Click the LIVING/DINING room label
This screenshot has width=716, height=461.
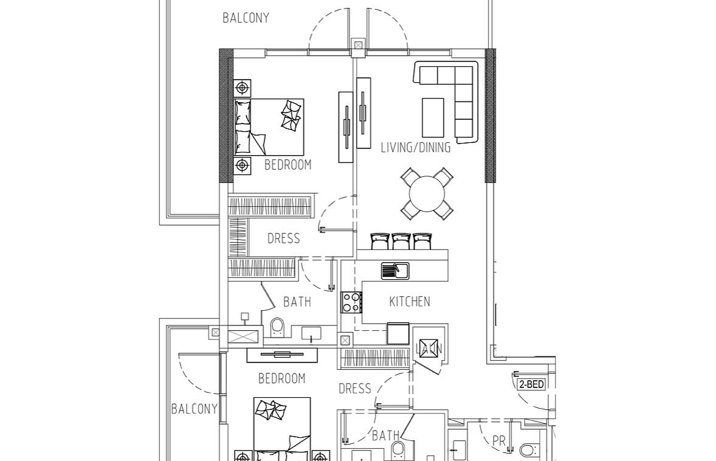[416, 148]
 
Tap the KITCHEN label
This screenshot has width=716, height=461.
[410, 302]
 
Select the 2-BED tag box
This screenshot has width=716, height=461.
[531, 384]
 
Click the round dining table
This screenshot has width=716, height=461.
[427, 194]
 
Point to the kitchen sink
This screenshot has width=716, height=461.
[396, 271]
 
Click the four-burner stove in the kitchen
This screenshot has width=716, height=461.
[351, 302]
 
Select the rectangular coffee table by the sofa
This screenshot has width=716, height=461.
[433, 117]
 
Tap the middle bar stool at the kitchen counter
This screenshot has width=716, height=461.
[401, 241]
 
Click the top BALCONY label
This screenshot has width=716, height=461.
[246, 18]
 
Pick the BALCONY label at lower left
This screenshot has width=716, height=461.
[194, 409]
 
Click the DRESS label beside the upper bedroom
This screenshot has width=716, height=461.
[284, 238]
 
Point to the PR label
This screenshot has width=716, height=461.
[498, 441]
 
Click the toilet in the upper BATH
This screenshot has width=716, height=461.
[277, 328]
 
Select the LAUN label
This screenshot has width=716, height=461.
[429, 349]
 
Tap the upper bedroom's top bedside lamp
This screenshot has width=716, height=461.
[242, 87]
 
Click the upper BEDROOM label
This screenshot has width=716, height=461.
[287, 164]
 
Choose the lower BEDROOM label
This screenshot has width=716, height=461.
[282, 378]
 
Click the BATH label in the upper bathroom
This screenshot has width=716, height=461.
[297, 302]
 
